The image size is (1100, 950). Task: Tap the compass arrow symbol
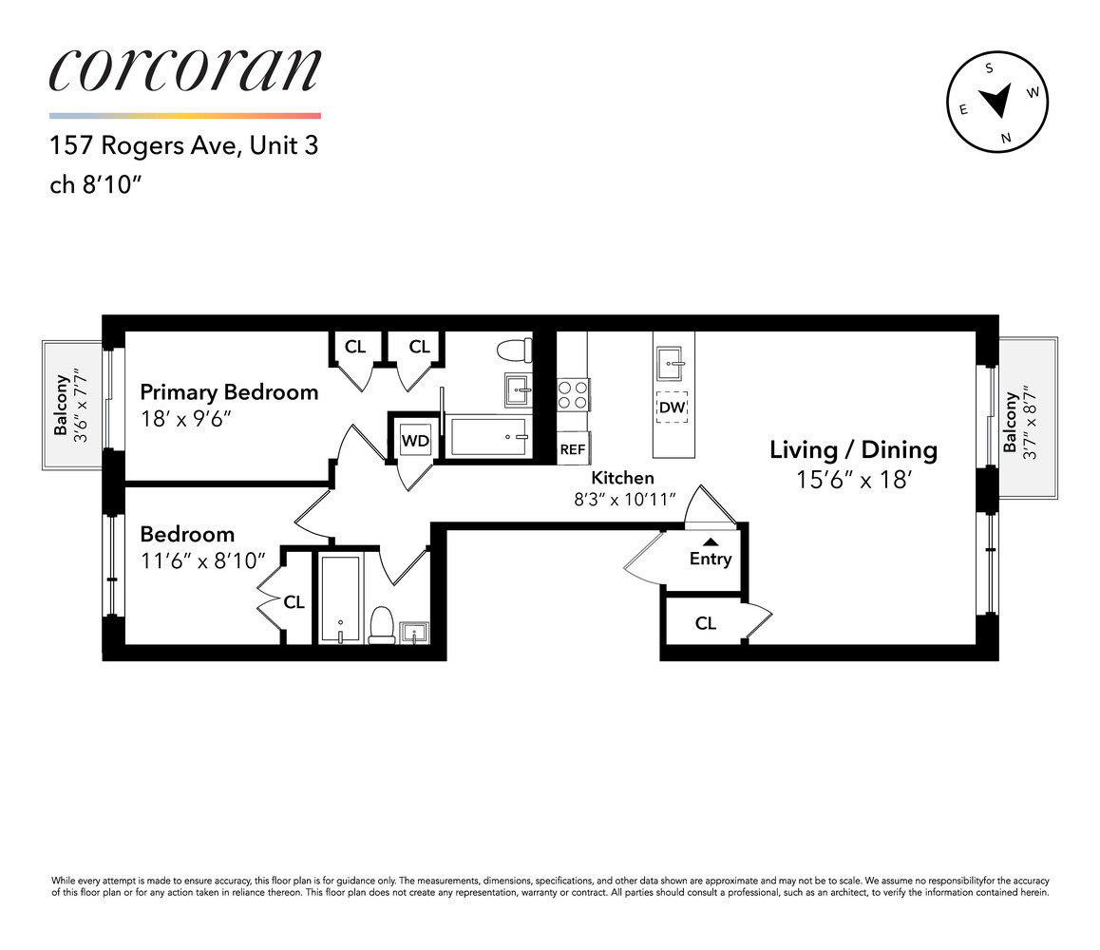(x=996, y=100)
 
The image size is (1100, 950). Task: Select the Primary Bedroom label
(x=229, y=392)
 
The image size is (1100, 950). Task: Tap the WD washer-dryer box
(x=414, y=441)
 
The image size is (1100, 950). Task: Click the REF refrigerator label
(x=573, y=449)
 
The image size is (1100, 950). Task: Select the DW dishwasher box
(x=673, y=408)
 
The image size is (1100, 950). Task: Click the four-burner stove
(x=572, y=394)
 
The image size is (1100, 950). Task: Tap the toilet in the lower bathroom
(x=381, y=624)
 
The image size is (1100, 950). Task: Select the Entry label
(x=710, y=559)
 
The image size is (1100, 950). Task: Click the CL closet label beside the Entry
(x=705, y=623)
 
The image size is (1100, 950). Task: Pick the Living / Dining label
(x=853, y=450)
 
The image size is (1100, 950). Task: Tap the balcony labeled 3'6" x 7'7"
(x=72, y=405)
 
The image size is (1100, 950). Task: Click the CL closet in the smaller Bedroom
(x=294, y=602)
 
